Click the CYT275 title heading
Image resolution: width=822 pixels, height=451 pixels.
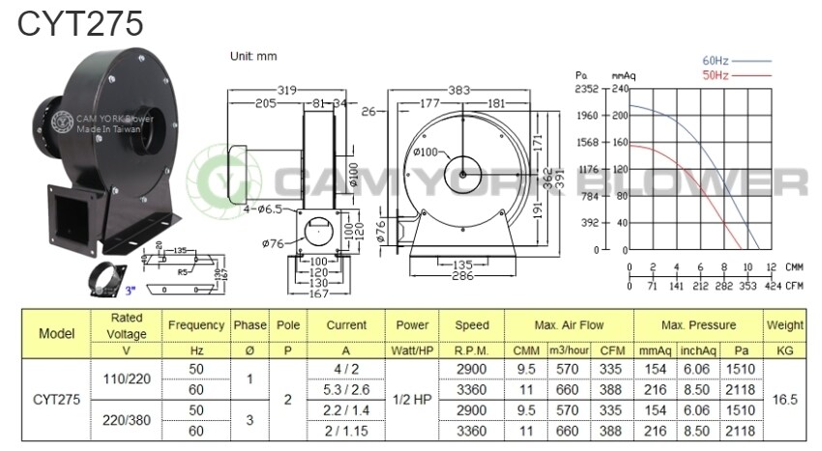[80, 23]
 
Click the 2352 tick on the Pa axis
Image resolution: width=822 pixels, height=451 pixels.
[587, 89]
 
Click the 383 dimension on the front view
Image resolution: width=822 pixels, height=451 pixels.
[460, 90]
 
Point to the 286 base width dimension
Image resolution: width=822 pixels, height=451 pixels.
[460, 275]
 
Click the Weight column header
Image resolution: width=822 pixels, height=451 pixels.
[784, 325]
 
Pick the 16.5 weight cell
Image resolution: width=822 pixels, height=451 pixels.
[784, 399]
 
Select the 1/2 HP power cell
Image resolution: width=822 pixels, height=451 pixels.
[413, 399]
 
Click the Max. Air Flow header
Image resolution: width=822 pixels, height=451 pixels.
[569, 325]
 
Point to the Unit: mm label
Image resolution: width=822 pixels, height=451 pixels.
[253, 56]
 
